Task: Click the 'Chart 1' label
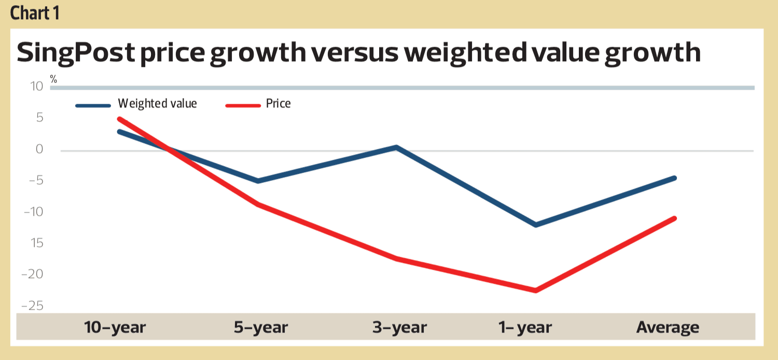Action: (34, 13)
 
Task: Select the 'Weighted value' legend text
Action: (157, 104)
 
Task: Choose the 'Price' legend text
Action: (278, 104)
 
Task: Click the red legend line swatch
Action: (242, 105)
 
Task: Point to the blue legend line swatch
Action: (93, 105)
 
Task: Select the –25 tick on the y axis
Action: (32, 306)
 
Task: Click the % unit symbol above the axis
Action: (53, 79)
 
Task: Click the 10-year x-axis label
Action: (115, 328)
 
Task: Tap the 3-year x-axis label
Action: (399, 328)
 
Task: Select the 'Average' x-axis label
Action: (668, 328)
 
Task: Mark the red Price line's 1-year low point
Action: (535, 290)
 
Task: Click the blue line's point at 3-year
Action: (396, 147)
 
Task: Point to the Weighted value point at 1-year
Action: (536, 225)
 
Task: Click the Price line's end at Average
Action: (675, 218)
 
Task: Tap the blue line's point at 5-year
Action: (258, 181)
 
